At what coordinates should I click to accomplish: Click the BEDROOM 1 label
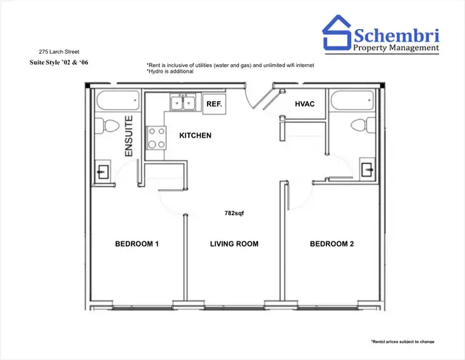(137, 244)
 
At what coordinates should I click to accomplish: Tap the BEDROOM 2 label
(331, 244)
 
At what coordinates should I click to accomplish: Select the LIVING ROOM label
(234, 244)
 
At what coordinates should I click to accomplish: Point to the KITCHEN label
(195, 136)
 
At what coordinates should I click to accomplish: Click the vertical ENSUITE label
(129, 136)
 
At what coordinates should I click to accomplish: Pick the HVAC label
(304, 105)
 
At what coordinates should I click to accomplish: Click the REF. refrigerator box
(214, 104)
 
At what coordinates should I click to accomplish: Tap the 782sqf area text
(234, 214)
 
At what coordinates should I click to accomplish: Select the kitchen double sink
(182, 103)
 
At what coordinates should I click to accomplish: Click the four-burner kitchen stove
(156, 137)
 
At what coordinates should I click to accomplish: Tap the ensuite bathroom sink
(102, 172)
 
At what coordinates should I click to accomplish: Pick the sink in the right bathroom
(368, 170)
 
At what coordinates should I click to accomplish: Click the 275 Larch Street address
(57, 52)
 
